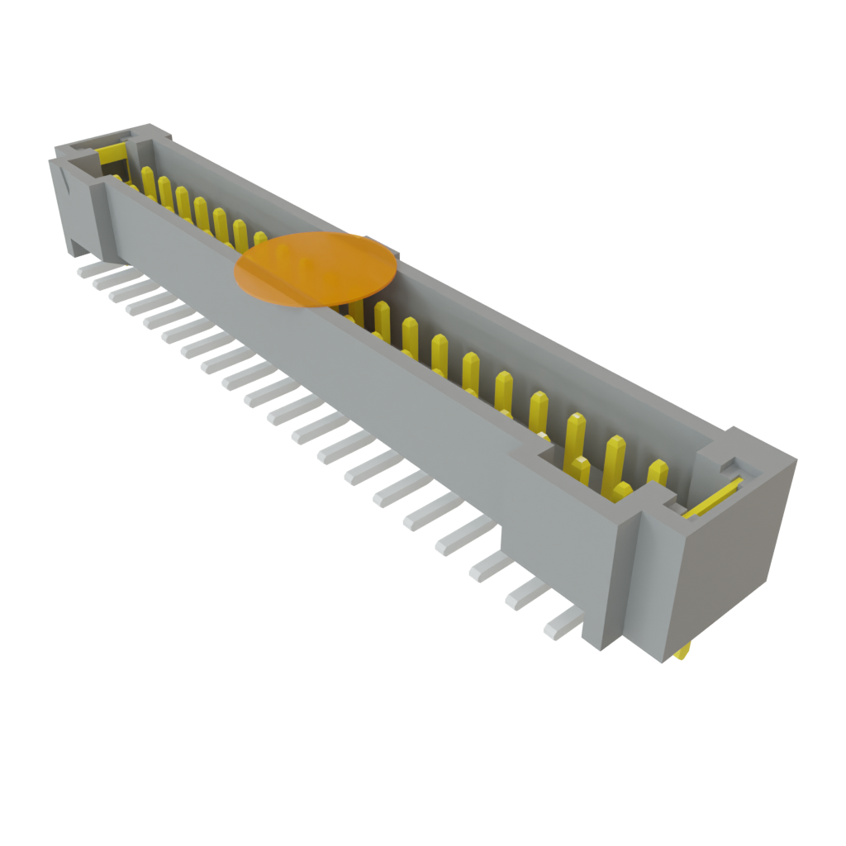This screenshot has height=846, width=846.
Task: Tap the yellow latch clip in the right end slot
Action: [712, 501]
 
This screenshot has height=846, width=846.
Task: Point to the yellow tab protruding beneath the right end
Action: [682, 654]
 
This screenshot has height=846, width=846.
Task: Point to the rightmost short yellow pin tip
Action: [658, 472]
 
